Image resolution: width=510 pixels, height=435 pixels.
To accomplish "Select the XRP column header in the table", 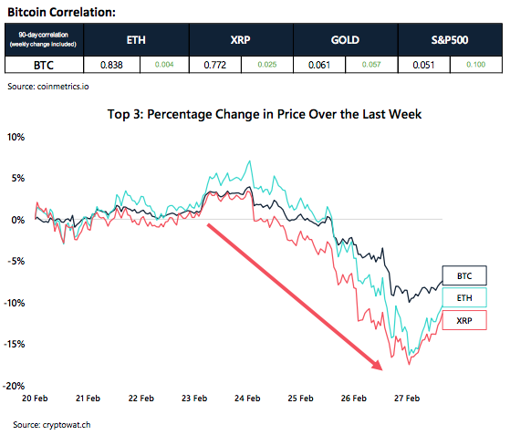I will (x=241, y=41).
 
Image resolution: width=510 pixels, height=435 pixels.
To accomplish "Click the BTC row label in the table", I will (x=43, y=65).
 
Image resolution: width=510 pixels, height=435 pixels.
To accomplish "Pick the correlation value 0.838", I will (x=109, y=65).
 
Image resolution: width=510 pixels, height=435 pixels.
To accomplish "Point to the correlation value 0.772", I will (x=214, y=65).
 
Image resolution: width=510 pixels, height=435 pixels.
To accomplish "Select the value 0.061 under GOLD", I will (x=318, y=65).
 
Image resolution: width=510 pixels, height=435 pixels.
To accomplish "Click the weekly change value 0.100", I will (x=475, y=65).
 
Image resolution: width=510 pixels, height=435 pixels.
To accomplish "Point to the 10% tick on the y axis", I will (x=16, y=137).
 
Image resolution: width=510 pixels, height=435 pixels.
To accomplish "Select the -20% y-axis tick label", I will (x=15, y=386).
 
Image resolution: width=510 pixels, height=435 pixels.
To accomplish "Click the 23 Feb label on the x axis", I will (x=194, y=399).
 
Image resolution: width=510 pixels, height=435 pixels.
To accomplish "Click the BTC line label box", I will (x=464, y=274).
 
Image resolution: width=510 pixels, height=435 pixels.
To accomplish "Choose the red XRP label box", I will (x=464, y=320).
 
